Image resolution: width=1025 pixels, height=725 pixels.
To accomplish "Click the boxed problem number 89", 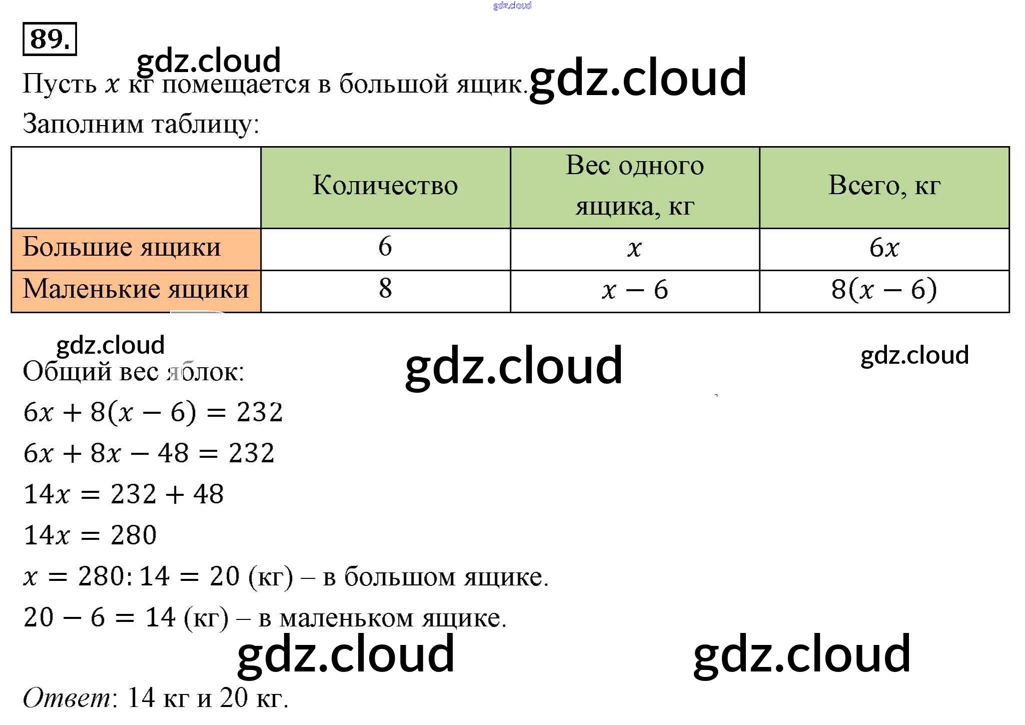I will click(x=50, y=39).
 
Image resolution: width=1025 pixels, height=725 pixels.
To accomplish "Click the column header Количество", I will click(x=385, y=186).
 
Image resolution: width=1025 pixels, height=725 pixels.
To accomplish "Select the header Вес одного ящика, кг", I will click(x=634, y=186).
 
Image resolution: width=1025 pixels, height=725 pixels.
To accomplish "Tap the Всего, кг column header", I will click(x=884, y=186).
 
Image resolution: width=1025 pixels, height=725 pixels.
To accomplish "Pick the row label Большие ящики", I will click(x=122, y=247).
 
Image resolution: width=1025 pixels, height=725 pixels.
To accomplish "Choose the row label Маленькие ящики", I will click(x=136, y=289).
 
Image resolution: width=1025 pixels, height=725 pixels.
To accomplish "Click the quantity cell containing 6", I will click(x=385, y=247).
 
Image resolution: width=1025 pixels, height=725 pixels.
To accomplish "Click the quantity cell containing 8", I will click(x=385, y=289).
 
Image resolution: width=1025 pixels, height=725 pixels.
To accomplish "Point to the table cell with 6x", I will click(x=884, y=248).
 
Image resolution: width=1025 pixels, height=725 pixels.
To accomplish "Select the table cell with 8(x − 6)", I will click(x=884, y=290).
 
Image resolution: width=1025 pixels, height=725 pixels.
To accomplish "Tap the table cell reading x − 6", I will click(x=634, y=290).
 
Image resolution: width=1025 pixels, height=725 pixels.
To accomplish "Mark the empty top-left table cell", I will click(x=136, y=188).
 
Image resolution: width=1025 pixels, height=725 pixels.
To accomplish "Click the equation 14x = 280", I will click(x=90, y=535).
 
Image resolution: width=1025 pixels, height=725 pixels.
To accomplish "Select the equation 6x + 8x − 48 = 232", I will click(x=149, y=453).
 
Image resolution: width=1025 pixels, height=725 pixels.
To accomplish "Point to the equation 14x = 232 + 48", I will click(x=124, y=494).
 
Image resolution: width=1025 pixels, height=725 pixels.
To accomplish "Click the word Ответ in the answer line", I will click(x=67, y=698).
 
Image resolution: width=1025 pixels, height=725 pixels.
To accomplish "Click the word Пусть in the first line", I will click(x=60, y=84).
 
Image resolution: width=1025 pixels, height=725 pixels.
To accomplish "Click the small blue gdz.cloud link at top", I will click(x=512, y=6).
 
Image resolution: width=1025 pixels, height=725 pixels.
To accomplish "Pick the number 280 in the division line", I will click(x=102, y=576).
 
